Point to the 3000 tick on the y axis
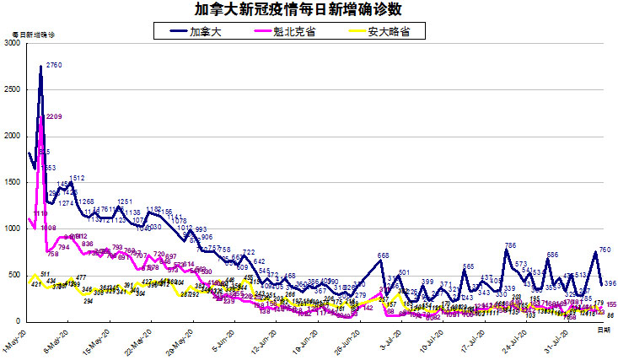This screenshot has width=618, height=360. coord(12,43)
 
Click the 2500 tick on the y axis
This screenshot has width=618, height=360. coord(12,89)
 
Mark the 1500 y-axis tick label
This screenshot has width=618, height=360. coord(12,182)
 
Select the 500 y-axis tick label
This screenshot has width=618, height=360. coord(14,275)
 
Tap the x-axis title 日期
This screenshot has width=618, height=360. coord(604,331)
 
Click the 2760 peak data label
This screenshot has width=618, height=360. coord(54,65)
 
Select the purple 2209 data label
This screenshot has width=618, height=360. coord(53,116)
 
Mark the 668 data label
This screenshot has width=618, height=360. coord(383,255)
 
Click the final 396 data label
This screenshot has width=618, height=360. coord(610,283)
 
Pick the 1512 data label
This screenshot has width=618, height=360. coord(77,178)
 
